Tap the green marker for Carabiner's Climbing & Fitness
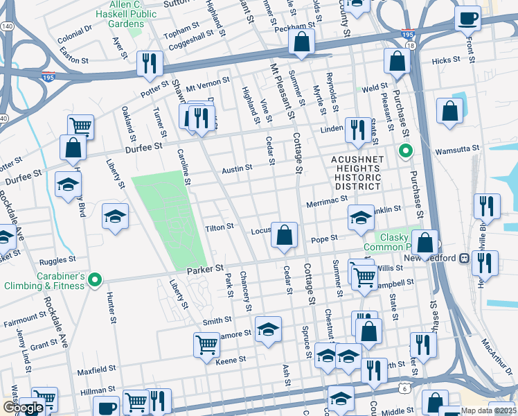point(96,280)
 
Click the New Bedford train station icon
point(464,258)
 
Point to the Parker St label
point(206,268)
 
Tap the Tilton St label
point(221,228)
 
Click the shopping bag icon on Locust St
point(284,235)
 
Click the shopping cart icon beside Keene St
point(206,344)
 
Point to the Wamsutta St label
point(456,150)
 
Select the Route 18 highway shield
point(411,45)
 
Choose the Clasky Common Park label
point(392,241)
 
